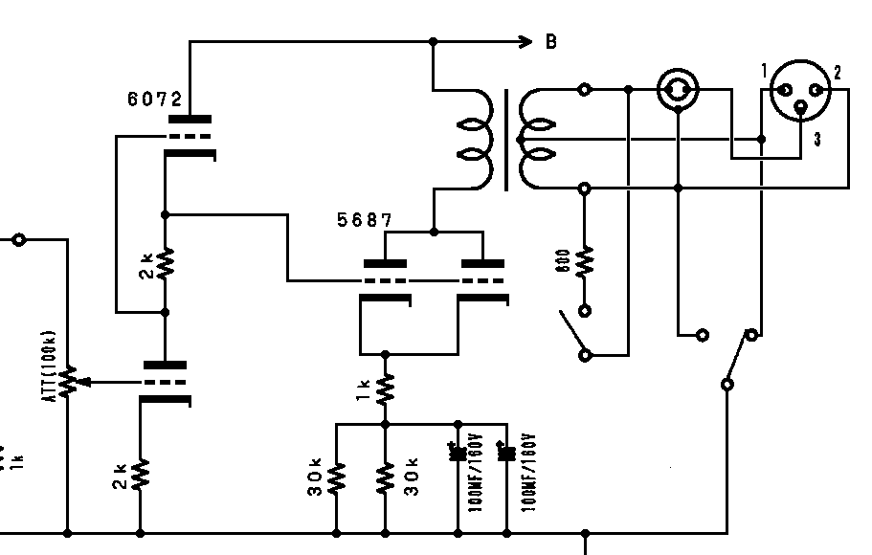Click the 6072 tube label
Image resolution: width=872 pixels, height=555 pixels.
pyautogui.click(x=154, y=100)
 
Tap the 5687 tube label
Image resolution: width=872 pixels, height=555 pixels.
pyautogui.click(x=364, y=221)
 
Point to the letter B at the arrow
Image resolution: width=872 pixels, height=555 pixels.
pyautogui.click(x=551, y=42)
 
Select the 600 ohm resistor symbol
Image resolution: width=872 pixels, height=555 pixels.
pyautogui.click(x=585, y=260)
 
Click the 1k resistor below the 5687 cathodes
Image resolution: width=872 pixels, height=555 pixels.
pyautogui.click(x=385, y=388)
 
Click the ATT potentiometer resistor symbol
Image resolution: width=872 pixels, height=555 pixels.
pyautogui.click(x=68, y=381)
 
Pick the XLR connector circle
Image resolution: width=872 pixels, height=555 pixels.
pyautogui.click(x=799, y=90)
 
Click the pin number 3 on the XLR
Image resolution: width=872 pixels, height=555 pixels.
pyautogui.click(x=817, y=140)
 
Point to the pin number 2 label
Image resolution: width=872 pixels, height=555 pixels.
pyautogui.click(x=837, y=72)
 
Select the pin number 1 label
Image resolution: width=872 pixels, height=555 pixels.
pyautogui.click(x=764, y=71)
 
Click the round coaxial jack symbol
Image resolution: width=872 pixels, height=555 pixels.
pyautogui.click(x=677, y=90)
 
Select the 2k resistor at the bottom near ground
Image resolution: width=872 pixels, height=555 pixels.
pyautogui.click(x=141, y=474)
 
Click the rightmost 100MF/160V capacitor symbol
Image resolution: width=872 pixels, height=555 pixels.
pyautogui.click(x=505, y=453)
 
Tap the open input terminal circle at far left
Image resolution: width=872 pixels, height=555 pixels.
pyautogui.click(x=18, y=239)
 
